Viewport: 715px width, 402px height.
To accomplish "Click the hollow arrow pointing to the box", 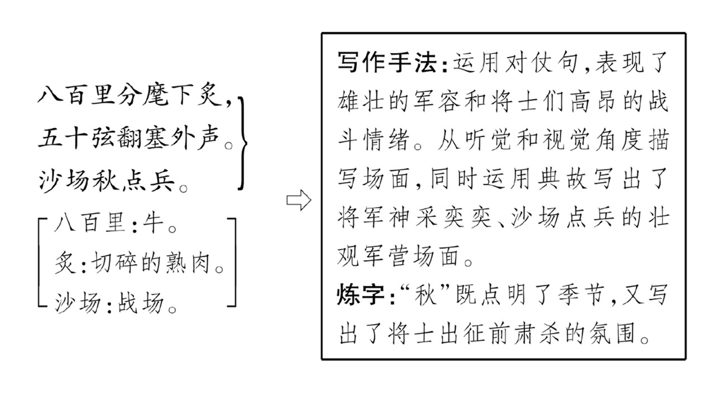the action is click(x=298, y=200).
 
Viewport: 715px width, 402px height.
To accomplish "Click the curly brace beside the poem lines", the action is click(x=243, y=143).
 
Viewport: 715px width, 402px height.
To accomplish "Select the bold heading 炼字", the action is click(x=361, y=294).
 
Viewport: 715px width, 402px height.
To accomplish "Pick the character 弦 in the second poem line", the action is click(x=103, y=138).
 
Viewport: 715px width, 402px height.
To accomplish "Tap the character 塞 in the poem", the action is click(x=156, y=138).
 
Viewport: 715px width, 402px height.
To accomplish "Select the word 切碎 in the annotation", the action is click(x=115, y=264).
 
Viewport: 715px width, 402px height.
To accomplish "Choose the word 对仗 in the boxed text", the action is click(x=529, y=62).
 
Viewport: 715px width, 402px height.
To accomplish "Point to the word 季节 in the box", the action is click(x=581, y=294).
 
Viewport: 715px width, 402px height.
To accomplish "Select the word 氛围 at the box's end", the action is click(x=612, y=334).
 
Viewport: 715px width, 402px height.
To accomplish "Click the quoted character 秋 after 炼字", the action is click(x=426, y=294).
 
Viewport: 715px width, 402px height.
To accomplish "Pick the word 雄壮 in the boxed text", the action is click(x=361, y=102).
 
